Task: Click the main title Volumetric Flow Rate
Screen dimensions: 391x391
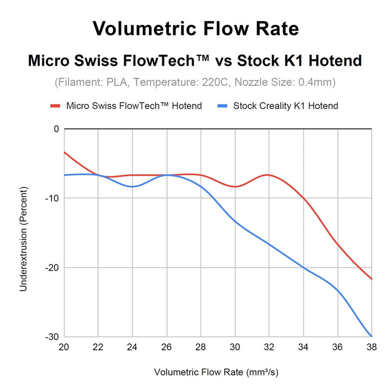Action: click(195, 28)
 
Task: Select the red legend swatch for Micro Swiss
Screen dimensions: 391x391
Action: click(55, 105)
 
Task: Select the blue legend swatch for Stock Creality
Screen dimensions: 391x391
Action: click(222, 105)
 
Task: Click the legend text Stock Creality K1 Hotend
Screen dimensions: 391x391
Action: click(286, 105)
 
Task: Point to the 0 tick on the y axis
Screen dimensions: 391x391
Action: click(55, 129)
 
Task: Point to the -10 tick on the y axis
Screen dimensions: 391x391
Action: click(52, 198)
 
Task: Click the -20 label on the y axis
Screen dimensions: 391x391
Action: click(52, 268)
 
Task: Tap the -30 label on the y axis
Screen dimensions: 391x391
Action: click(52, 337)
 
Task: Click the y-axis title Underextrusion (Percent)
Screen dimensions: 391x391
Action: click(23, 237)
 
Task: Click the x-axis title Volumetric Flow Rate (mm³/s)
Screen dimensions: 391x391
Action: click(217, 373)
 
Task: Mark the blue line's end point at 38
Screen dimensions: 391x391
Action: click(371, 336)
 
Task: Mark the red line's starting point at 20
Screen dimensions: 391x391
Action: click(65, 152)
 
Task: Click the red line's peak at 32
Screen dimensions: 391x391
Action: click(268, 175)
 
